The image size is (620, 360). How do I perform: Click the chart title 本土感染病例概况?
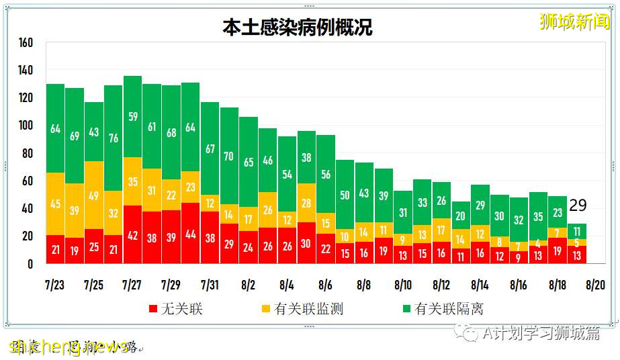pyautogui.click(x=297, y=28)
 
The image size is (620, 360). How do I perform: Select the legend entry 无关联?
pyautogui.click(x=175, y=309)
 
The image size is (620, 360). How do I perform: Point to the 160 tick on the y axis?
pyautogui.click(x=26, y=42)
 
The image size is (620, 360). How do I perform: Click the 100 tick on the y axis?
pyautogui.click(x=26, y=126)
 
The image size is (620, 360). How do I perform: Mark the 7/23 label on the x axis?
pyautogui.click(x=55, y=284)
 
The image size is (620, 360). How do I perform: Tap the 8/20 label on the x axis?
pyautogui.click(x=595, y=284)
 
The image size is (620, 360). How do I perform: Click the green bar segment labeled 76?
pyautogui.click(x=113, y=138)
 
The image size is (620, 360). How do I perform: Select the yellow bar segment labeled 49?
pyautogui.click(x=94, y=195)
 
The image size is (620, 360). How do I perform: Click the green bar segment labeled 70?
pyautogui.click(x=229, y=156)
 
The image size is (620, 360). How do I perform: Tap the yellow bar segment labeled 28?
pyautogui.click(x=306, y=203)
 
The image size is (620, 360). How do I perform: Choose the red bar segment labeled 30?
pyautogui.click(x=306, y=243)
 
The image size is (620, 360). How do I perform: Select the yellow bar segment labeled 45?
pyautogui.click(x=55, y=204)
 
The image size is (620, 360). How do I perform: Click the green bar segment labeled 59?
pyautogui.click(x=132, y=116)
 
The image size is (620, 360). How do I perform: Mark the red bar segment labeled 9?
pyautogui.click(x=519, y=257)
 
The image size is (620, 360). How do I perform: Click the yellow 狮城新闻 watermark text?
pyautogui.click(x=575, y=21)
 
